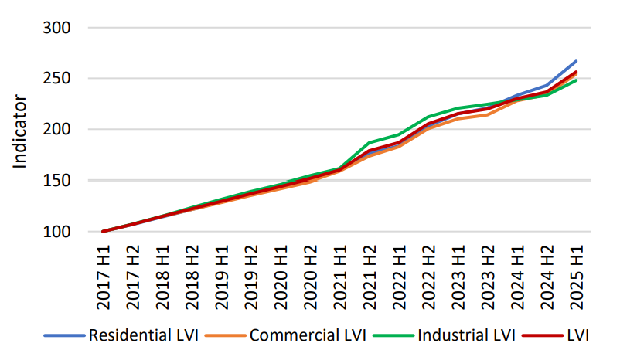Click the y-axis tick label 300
(55, 28)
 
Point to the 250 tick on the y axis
(55, 79)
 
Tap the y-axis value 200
(55, 130)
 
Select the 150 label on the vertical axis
(55, 181)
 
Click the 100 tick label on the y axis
(55, 232)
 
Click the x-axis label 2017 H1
(104, 278)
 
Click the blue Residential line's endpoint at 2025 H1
(576, 61)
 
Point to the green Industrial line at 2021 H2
(369, 143)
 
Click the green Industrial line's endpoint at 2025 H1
(576, 80)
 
